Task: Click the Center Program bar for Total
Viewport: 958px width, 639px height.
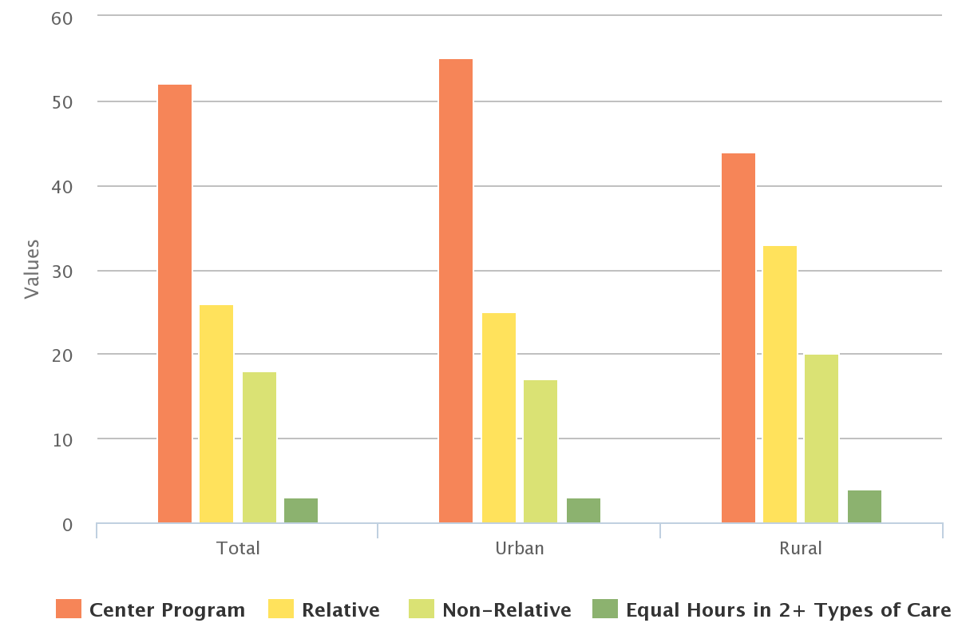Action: (x=175, y=304)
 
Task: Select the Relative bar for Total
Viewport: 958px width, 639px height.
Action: (x=216, y=414)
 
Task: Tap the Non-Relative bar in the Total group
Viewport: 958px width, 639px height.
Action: (x=259, y=447)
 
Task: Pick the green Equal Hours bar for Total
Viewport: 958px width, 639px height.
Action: (x=301, y=510)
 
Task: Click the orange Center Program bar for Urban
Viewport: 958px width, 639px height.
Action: (x=456, y=291)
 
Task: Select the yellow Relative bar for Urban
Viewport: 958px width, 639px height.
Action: (x=499, y=418)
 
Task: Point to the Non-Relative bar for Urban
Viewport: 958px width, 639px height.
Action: (x=540, y=451)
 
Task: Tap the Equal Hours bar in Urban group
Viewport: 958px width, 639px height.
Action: (x=584, y=510)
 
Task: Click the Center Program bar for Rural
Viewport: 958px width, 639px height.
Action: (x=738, y=338)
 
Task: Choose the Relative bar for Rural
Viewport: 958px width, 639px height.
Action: (x=780, y=384)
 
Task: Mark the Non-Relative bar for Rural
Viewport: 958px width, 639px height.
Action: (x=821, y=439)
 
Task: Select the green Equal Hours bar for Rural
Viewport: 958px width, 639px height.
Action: (x=865, y=506)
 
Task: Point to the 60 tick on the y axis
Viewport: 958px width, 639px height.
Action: (x=61, y=18)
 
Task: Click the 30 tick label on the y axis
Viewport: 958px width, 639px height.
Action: (x=61, y=271)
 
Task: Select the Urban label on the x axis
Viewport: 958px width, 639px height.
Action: (x=519, y=549)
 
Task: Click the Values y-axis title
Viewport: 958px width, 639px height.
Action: (x=32, y=268)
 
